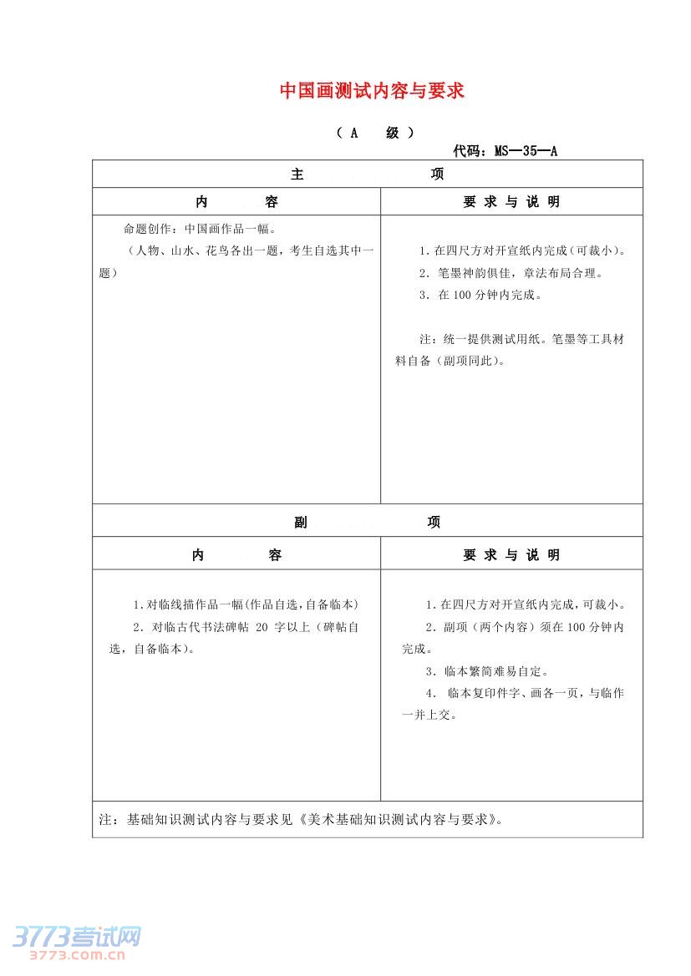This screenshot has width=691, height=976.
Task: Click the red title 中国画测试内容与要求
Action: pos(372,91)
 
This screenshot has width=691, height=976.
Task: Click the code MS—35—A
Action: pos(526,151)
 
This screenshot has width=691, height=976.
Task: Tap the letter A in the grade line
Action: pos(353,133)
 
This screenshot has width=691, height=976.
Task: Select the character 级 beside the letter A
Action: pos(393,133)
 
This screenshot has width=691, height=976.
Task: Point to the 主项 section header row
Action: pos(368,174)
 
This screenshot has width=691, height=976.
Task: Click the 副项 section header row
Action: pos(368,522)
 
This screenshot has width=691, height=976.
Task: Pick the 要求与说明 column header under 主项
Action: pos(511,202)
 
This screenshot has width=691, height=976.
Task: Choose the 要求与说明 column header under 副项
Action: pos(511,555)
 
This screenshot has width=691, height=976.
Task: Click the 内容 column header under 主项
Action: pos(236,202)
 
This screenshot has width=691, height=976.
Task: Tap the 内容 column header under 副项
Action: pos(236,555)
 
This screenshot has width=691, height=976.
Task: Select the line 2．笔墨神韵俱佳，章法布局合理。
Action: pos(511,273)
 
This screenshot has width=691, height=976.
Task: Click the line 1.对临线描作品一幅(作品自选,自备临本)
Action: pos(246,604)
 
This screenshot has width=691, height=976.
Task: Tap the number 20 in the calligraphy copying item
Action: pos(263,626)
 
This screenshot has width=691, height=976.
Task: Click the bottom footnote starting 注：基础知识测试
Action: pos(302,819)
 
